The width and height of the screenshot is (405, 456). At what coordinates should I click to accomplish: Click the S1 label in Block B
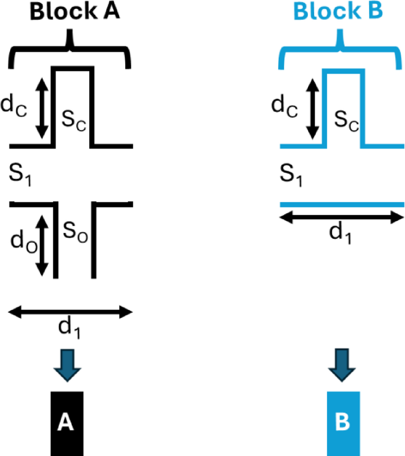point(290,173)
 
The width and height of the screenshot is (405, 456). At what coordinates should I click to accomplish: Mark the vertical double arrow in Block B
point(312,106)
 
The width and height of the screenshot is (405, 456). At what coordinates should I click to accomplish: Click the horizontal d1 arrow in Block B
point(341,218)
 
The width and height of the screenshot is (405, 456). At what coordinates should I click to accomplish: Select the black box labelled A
point(67,423)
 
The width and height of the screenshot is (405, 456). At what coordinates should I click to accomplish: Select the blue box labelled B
point(343,423)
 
